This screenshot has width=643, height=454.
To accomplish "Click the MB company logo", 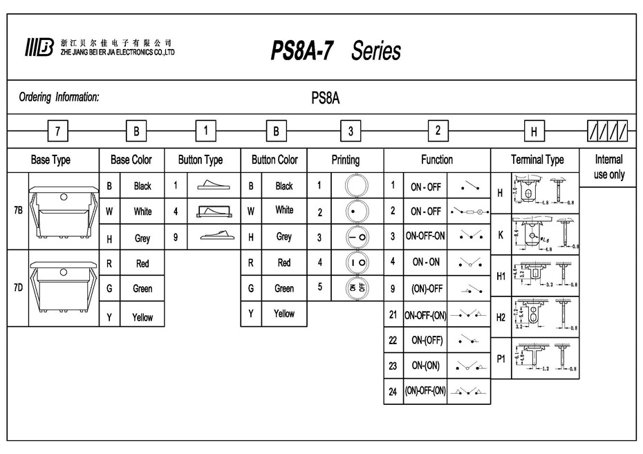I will [39, 48].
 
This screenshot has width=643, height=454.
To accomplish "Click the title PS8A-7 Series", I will [335, 51].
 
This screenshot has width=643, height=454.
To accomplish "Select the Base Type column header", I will [50, 160].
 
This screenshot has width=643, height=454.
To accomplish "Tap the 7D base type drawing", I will [62, 287].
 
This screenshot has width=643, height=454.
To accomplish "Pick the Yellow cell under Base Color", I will [142, 317].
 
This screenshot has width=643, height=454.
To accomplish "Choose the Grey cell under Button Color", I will [284, 236].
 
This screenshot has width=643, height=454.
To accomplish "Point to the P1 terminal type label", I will [501, 358].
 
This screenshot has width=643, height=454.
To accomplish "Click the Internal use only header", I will [608, 167].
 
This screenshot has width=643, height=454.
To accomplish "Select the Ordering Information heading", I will [59, 97].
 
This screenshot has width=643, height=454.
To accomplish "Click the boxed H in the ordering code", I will [534, 130].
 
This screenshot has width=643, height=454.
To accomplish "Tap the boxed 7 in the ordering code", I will [57, 130].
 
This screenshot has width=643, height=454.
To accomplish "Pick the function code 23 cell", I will [393, 366].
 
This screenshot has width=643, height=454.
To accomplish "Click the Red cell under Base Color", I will [142, 263].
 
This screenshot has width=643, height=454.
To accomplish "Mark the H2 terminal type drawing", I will [545, 316].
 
